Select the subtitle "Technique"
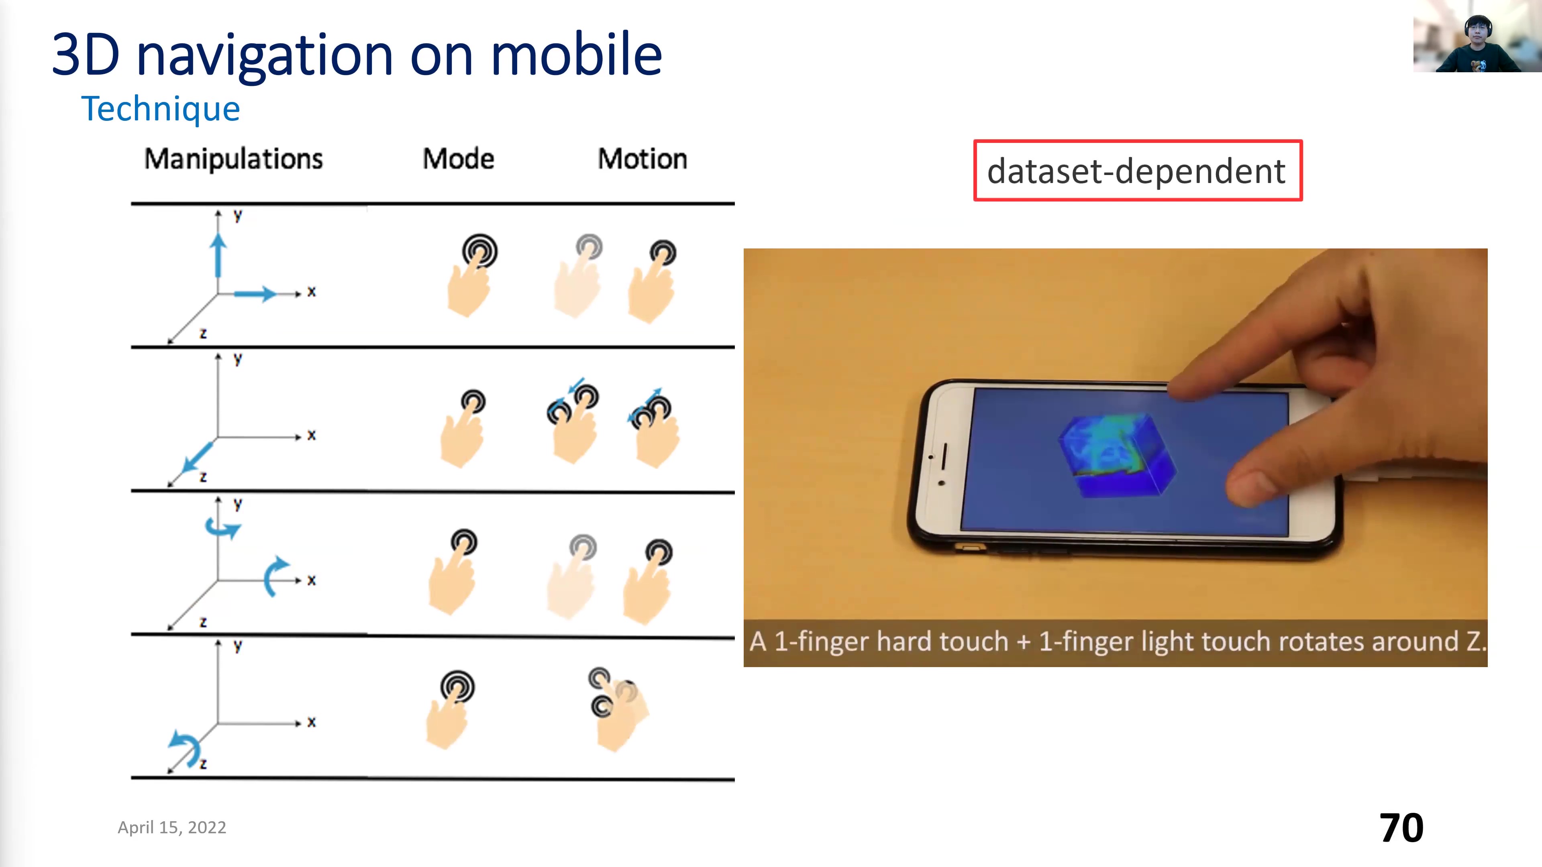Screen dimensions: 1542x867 [x=161, y=109]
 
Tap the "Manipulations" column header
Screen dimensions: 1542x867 [x=233, y=159]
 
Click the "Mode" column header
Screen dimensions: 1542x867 [x=459, y=159]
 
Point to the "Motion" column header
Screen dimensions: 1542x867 [x=642, y=159]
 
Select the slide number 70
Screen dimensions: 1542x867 [x=1401, y=828]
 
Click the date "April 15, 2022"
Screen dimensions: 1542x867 [x=172, y=828]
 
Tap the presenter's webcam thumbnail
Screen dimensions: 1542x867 [x=1477, y=36]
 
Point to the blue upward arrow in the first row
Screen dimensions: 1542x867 [x=218, y=256]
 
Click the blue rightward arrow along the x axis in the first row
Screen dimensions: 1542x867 [x=256, y=293]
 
